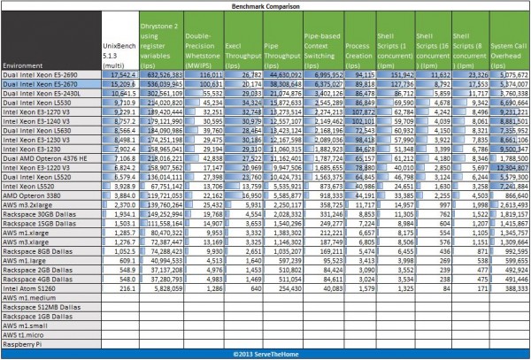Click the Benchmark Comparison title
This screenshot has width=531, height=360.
tap(265, 4)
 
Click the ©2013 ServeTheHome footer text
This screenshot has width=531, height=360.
tap(265, 354)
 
